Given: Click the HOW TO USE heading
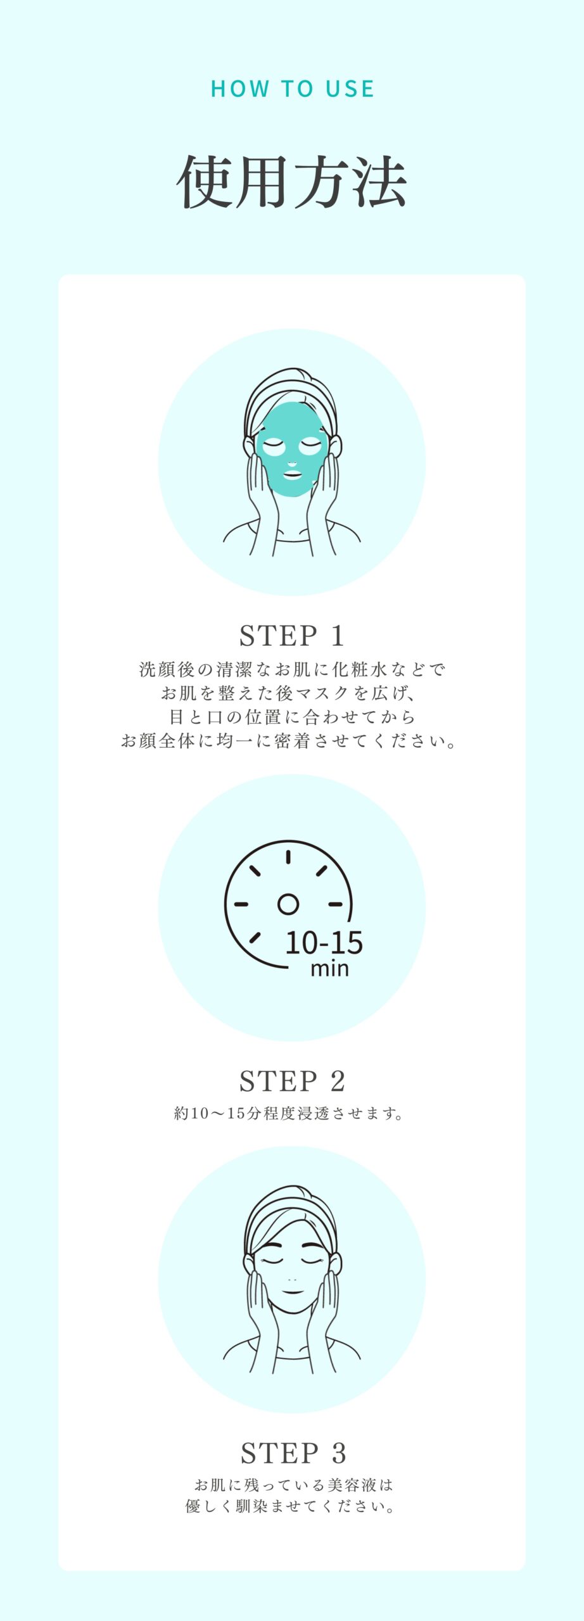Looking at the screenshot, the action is click(x=292, y=89).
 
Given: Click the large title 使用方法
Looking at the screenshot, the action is click(x=292, y=182).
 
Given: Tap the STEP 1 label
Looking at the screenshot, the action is click(x=292, y=636).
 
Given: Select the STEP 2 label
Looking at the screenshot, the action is click(x=292, y=1081).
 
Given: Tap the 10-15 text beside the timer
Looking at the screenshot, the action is click(x=324, y=943).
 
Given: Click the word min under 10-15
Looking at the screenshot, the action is click(x=329, y=968).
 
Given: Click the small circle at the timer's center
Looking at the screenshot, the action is click(x=288, y=904).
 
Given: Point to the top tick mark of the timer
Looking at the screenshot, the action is click(x=288, y=857).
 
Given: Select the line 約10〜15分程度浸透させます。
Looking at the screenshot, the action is click(x=289, y=1113).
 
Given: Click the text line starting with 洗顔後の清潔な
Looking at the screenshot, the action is click(x=292, y=669).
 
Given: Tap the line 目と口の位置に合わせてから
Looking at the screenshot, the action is click(x=292, y=717).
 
